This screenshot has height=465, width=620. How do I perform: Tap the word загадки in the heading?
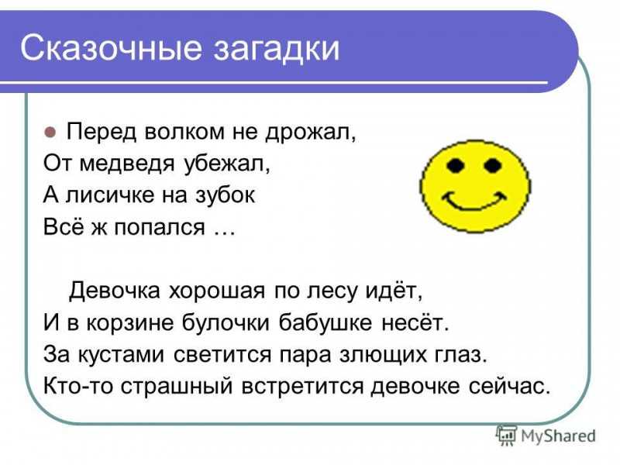[277, 49]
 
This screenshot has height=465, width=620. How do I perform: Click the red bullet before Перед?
[50, 132]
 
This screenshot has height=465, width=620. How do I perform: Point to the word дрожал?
[311, 132]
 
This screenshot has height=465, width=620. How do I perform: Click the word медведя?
[127, 164]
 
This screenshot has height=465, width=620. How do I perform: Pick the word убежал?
[227, 163]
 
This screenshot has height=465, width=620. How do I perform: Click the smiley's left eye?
[456, 165]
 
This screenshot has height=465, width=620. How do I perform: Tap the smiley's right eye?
[492, 165]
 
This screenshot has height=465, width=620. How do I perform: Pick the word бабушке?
[325, 322]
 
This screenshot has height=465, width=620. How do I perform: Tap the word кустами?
[121, 354]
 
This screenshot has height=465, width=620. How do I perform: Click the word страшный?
[177, 386]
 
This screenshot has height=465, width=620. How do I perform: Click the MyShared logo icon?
[507, 436]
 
